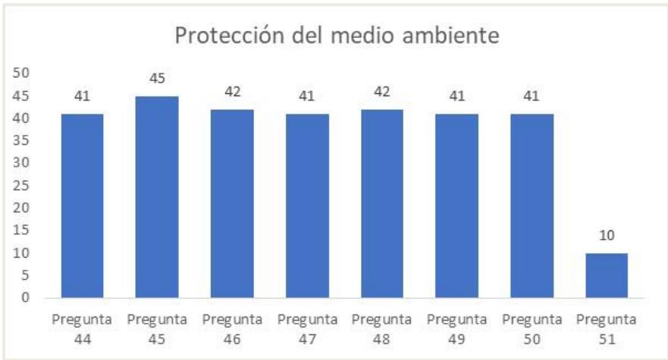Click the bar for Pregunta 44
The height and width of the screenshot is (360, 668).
click(x=82, y=205)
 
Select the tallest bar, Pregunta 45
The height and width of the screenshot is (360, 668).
click(x=157, y=196)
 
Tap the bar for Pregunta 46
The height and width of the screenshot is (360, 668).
click(x=232, y=202)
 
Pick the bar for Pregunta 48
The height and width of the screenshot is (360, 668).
click(x=382, y=202)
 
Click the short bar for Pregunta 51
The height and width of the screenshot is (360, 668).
click(x=607, y=274)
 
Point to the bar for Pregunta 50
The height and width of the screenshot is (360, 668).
click(x=532, y=205)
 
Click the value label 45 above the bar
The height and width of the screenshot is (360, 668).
click(x=158, y=79)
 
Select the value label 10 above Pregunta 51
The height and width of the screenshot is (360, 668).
click(x=607, y=236)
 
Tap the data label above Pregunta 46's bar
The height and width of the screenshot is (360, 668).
click(x=232, y=92)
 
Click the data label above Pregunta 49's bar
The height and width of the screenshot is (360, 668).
click(x=457, y=96)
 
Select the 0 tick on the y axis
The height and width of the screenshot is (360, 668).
click(x=24, y=297)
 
